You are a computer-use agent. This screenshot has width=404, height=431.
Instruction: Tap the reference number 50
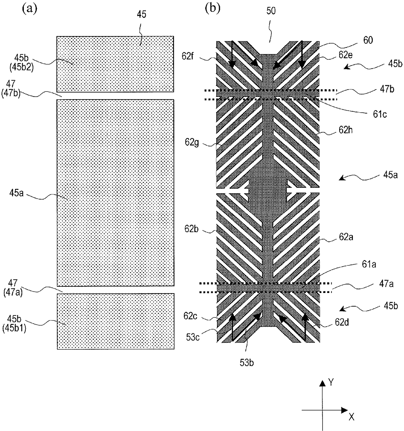point(271,11)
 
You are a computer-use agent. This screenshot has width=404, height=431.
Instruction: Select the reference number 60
point(368,40)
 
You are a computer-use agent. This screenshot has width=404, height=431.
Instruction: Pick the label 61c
point(380,114)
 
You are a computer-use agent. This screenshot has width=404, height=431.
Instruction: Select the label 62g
point(192,143)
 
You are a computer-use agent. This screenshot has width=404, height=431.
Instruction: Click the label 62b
point(192,229)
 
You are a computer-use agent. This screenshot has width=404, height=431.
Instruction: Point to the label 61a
point(369,265)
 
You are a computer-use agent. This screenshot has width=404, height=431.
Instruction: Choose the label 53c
point(193,338)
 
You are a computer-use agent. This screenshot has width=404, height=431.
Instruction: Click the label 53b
point(247,363)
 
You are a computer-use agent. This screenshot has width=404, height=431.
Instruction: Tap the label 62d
point(342,323)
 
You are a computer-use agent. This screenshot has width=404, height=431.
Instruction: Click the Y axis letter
point(331,383)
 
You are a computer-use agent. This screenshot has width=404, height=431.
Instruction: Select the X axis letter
point(352,417)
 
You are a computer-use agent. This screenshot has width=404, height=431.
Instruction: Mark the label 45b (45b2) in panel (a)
point(22,63)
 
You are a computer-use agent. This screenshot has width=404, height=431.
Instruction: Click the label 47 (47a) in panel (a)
point(13,288)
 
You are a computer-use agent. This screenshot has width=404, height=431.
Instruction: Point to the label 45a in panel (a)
point(16,193)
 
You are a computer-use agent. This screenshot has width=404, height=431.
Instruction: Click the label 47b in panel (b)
point(387,89)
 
